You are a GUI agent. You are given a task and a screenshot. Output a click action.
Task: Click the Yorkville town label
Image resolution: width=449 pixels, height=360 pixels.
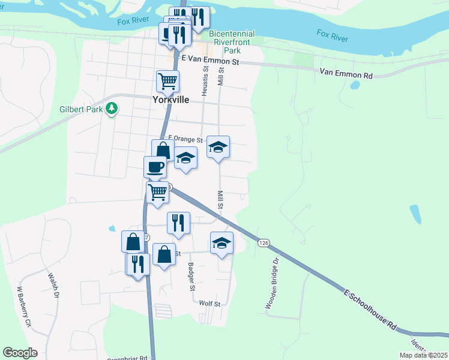pyautogui.click(x=170, y=100)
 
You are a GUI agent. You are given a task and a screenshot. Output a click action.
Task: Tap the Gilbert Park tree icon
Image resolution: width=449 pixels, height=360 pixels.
pyautogui.click(x=111, y=108)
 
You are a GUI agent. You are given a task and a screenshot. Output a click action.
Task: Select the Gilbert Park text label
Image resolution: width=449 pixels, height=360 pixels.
pyautogui.click(x=81, y=109)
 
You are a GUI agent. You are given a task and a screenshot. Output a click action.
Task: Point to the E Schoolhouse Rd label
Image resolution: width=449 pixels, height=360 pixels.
pyautogui.click(x=371, y=310)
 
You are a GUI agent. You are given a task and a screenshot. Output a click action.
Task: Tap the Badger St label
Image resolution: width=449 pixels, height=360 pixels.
pyautogui.click(x=191, y=277)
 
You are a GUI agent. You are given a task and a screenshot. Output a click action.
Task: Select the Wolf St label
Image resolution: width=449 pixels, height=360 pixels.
pyautogui.click(x=211, y=304)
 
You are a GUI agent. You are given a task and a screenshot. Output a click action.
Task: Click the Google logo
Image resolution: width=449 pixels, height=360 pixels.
pyautogui.click(x=20, y=353)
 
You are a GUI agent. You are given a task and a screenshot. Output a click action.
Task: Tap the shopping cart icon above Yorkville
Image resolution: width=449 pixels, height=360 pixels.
pyautogui.click(x=167, y=80)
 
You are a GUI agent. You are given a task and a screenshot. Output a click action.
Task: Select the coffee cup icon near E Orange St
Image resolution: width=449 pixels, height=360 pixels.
pyautogui.click(x=155, y=166)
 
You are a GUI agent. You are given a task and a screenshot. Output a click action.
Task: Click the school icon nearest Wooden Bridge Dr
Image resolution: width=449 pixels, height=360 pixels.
pyautogui.click(x=221, y=242)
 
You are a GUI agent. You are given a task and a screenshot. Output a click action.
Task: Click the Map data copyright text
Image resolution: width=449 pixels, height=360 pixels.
pyautogui.click(x=423, y=355)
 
